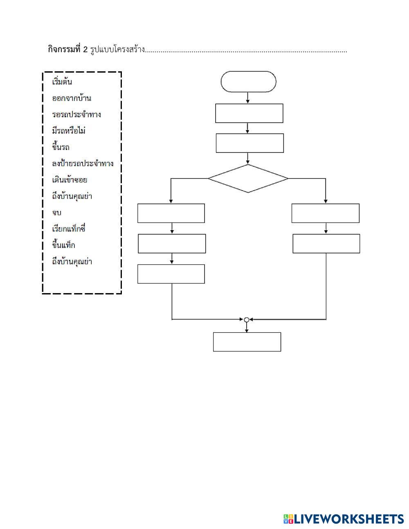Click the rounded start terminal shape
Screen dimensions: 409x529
[x=248, y=82]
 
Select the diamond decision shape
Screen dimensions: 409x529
[x=248, y=178]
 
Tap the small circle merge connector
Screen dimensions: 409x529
[x=246, y=319]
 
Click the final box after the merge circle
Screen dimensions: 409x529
[x=247, y=342]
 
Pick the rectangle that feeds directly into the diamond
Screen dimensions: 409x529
[x=249, y=143]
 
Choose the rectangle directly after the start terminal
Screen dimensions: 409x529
[x=249, y=113]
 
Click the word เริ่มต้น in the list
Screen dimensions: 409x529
[x=62, y=82]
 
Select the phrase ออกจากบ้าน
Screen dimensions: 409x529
[x=72, y=98]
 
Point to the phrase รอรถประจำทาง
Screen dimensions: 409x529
[x=76, y=114]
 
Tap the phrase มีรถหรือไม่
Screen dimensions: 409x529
[x=69, y=131]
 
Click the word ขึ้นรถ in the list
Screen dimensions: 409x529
[x=61, y=147]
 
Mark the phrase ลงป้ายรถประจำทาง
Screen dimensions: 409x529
[x=83, y=164]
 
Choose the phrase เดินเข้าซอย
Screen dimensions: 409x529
[x=70, y=180]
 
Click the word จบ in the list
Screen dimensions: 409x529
[x=57, y=213]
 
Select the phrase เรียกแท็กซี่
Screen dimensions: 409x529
[x=69, y=229]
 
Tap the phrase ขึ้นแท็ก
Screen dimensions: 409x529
[x=63, y=245]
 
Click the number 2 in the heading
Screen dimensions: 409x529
[x=85, y=50]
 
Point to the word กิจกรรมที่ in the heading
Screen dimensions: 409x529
[x=65, y=50]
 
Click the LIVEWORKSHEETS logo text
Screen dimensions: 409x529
[x=348, y=519]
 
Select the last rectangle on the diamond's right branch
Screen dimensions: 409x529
[x=326, y=244]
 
